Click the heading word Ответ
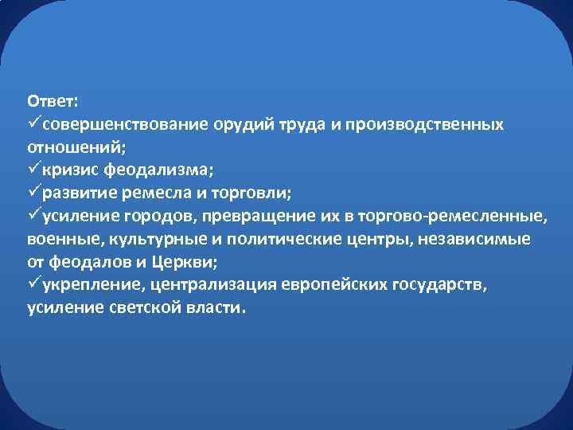pyautogui.click(x=52, y=102)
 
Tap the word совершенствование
pyautogui.click(x=126, y=125)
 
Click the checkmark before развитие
pyautogui.click(x=33, y=193)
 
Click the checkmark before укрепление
pyautogui.click(x=33, y=285)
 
